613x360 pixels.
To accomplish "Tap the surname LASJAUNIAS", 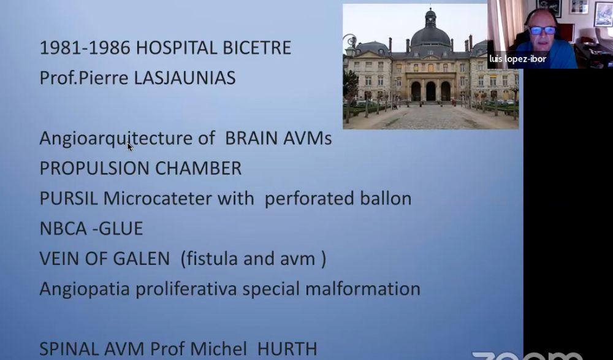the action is point(185,77).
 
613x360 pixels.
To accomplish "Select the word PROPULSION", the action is point(94,168).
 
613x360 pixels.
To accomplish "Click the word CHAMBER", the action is point(198,168).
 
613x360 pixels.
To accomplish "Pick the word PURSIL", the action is point(69,198).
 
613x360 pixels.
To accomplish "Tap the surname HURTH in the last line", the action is point(287,349).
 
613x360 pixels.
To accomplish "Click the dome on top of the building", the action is point(430,34).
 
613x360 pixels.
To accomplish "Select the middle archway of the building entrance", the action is point(430,91).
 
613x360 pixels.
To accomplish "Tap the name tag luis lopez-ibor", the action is point(517,59).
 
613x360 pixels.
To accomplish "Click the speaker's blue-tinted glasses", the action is point(543,30).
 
